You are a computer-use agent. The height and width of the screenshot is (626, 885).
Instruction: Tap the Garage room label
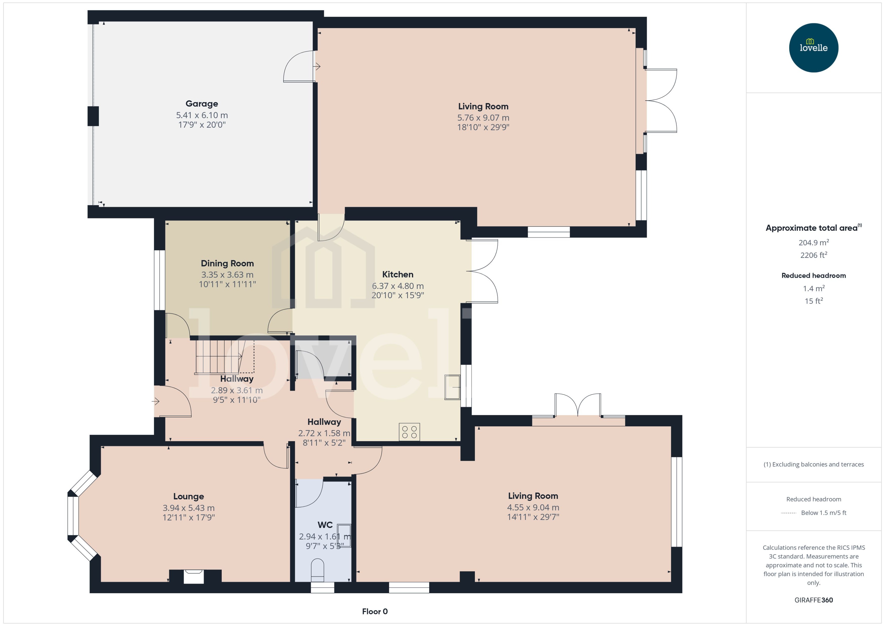[x=202, y=103]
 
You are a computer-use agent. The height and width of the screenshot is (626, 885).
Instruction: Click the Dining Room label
[x=227, y=263]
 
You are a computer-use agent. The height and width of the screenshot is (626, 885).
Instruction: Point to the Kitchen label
[x=397, y=274]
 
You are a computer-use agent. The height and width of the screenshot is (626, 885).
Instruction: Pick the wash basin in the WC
[x=344, y=535]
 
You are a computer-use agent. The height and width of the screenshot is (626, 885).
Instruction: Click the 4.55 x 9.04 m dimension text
[x=533, y=507]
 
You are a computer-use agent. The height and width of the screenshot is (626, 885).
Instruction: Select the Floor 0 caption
[x=374, y=611]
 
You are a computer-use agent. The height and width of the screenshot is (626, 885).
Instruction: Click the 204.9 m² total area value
[x=813, y=242]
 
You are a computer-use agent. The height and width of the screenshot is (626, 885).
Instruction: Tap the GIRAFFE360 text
[x=813, y=600]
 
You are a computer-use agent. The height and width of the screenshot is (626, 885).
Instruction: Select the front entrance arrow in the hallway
[x=156, y=402]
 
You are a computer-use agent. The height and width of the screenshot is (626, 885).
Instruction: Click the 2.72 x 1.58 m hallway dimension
[x=324, y=433]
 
